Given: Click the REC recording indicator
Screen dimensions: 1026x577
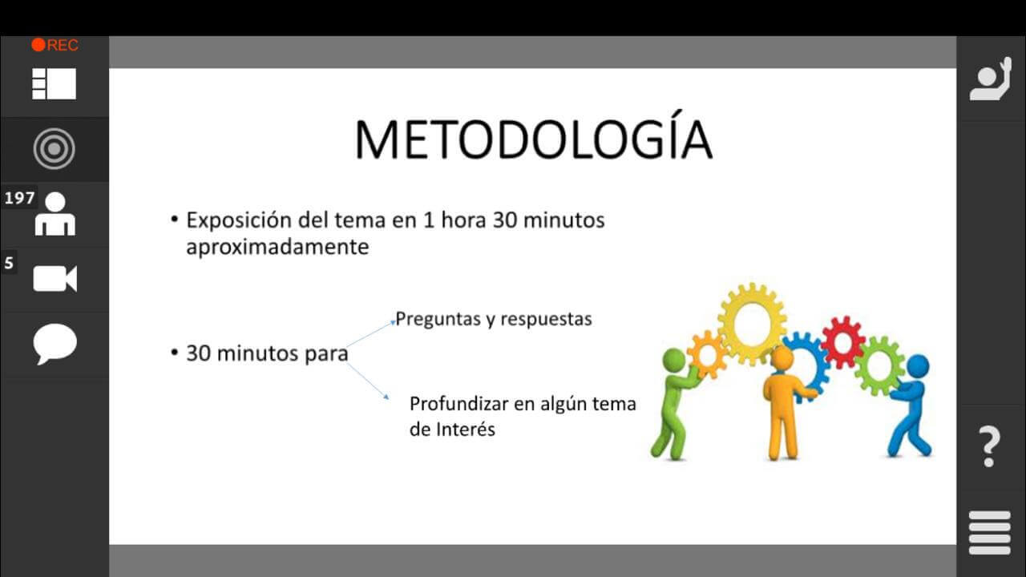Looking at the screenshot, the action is coord(55,45).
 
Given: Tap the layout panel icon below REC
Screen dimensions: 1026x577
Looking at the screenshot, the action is coord(54,84).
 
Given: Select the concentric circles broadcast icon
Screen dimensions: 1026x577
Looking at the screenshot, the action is coord(54,149).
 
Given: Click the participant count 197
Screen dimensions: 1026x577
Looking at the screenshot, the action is coord(20,198).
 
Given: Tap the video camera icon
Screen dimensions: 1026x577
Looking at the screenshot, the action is coord(55,278).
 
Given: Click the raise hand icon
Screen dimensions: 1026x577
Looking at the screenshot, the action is coord(991,79).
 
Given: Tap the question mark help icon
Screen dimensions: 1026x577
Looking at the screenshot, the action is coord(989,446).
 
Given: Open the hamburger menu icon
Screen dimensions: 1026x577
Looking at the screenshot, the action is coord(990,533).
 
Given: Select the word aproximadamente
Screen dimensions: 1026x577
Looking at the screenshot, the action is coord(277,248).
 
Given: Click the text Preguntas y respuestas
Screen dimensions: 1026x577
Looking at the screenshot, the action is coord(494,319).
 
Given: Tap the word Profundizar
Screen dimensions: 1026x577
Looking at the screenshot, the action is coord(458,404).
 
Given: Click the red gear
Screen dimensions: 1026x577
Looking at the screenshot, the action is coord(843,341).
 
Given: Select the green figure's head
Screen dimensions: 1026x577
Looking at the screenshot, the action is coord(674,361).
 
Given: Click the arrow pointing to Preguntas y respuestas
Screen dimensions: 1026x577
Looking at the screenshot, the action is coord(370,334).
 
